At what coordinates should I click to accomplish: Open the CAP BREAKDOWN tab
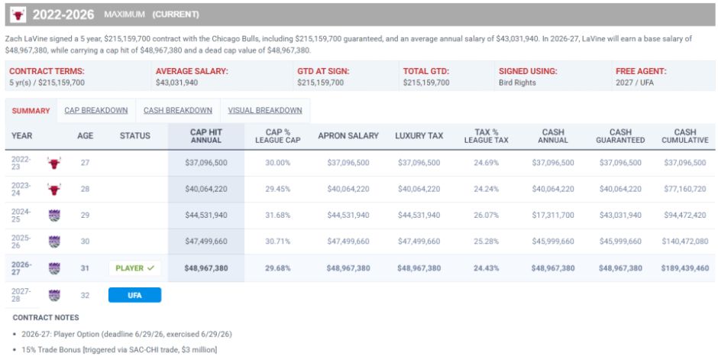[96, 110]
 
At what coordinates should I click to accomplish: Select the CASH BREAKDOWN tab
[178, 110]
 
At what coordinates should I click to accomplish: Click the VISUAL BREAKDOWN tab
[265, 110]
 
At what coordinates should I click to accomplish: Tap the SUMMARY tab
[31, 111]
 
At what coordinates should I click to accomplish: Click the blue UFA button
[134, 295]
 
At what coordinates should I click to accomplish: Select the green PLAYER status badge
[134, 268]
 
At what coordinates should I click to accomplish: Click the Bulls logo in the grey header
[18, 15]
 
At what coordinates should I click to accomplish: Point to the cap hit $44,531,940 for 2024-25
[206, 216]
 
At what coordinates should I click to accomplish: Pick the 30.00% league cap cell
[277, 163]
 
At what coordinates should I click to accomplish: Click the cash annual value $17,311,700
[553, 216]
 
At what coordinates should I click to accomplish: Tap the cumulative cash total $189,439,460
[685, 268]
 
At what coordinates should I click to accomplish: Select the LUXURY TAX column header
[419, 135]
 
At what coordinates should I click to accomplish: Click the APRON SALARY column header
[348, 135]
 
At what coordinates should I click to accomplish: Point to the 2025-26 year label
[21, 242]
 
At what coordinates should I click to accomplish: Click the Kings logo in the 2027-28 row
[54, 296]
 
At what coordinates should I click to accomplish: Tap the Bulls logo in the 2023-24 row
[54, 189]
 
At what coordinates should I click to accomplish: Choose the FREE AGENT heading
[641, 71]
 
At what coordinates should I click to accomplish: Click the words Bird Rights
[517, 83]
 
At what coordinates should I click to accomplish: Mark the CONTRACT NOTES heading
[46, 317]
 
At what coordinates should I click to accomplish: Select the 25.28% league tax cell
[486, 242]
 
